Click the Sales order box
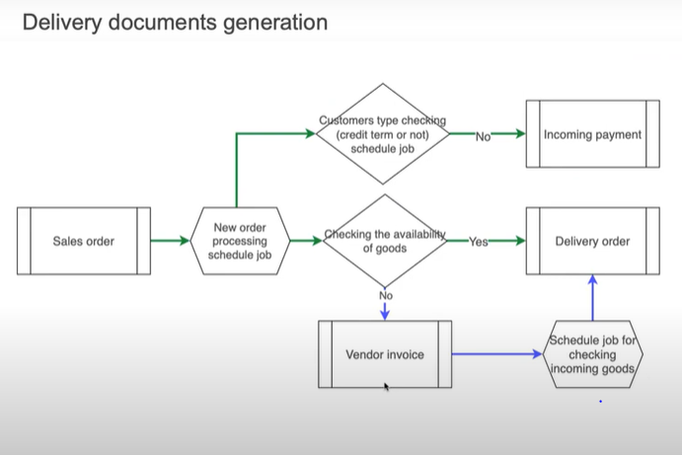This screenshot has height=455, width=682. click(x=84, y=241)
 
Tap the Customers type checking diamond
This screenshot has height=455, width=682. click(x=383, y=134)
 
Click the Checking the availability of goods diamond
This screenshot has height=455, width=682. click(x=385, y=241)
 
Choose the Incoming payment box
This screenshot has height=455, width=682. click(x=592, y=134)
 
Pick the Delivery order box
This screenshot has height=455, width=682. click(x=592, y=241)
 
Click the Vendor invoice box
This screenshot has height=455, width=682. click(x=385, y=353)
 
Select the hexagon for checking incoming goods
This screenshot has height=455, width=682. click(x=592, y=353)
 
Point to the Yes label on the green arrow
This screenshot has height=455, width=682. click(x=479, y=242)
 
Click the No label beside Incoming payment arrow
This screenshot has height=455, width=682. click(x=484, y=136)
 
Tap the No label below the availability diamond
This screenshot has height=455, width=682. click(x=385, y=295)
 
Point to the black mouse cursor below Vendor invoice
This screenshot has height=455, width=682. click(x=386, y=387)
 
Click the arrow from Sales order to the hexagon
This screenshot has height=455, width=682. click(x=170, y=241)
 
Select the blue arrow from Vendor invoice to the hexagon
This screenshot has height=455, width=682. click(x=497, y=353)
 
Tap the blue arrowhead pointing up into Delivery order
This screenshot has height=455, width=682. click(x=592, y=282)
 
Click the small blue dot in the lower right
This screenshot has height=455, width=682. click(x=600, y=402)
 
